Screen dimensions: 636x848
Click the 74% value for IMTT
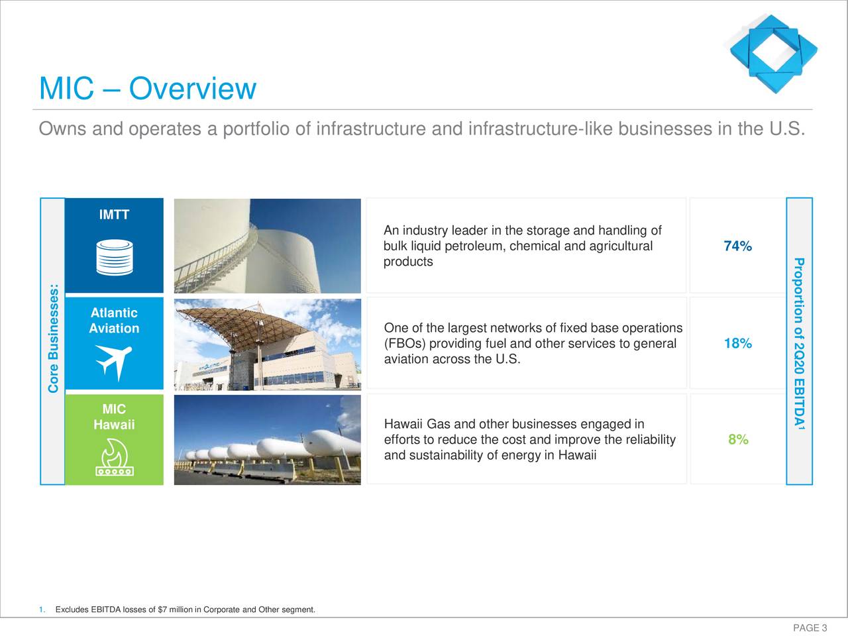[737, 246]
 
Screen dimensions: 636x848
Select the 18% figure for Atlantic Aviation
[737, 343]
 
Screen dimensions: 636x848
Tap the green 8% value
[738, 440]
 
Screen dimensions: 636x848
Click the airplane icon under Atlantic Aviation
[114, 362]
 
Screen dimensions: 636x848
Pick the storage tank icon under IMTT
[114, 257]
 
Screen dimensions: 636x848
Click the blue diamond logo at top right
[773, 52]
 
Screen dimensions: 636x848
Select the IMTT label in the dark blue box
[114, 215]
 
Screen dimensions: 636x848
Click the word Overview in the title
[192, 89]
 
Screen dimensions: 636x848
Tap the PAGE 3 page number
[810, 628]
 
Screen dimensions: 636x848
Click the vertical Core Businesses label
[54, 339]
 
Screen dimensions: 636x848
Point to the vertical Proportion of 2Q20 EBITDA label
[800, 342]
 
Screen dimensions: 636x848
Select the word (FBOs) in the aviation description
[405, 344]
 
